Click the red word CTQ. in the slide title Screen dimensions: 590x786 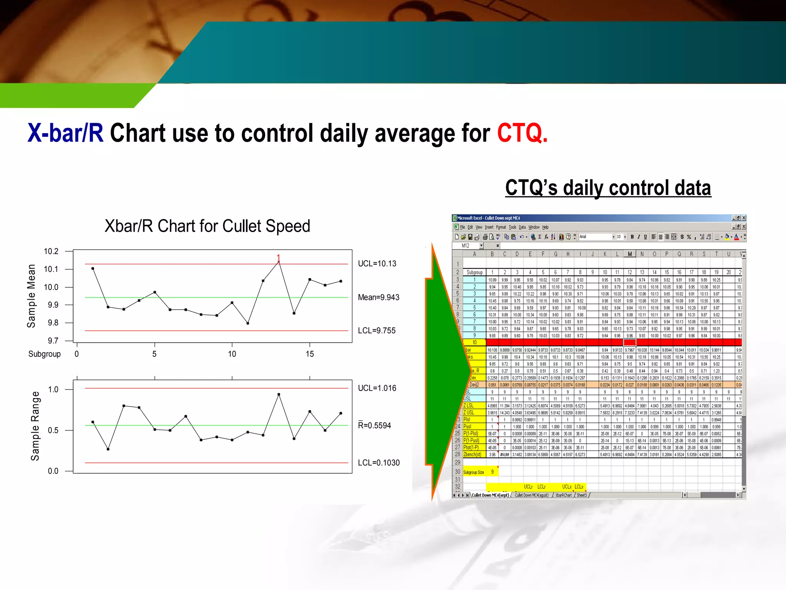[x=522, y=133]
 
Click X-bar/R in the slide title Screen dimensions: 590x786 [x=65, y=133]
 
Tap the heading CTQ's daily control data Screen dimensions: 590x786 [x=608, y=188]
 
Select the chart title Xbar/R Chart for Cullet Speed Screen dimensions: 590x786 [x=207, y=226]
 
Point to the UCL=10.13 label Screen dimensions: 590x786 [x=377, y=264]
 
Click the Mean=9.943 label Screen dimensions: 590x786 [x=378, y=297]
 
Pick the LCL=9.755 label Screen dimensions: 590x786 [x=376, y=331]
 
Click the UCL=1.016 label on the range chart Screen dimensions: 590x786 [x=377, y=388]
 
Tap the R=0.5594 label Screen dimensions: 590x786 [x=374, y=426]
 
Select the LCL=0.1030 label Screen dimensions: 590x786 [x=378, y=463]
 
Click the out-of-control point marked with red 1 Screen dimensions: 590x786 [x=279, y=261]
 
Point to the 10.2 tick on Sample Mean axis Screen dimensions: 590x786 [x=51, y=251]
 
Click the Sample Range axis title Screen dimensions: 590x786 [x=35, y=426]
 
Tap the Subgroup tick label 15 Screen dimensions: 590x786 [x=310, y=354]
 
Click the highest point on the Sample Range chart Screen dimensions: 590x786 [x=279, y=394]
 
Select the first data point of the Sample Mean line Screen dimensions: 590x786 [x=93, y=268]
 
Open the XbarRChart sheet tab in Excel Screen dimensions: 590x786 [x=563, y=496]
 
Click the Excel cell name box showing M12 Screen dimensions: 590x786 [x=466, y=246]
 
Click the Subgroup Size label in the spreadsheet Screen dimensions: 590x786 [x=473, y=472]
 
